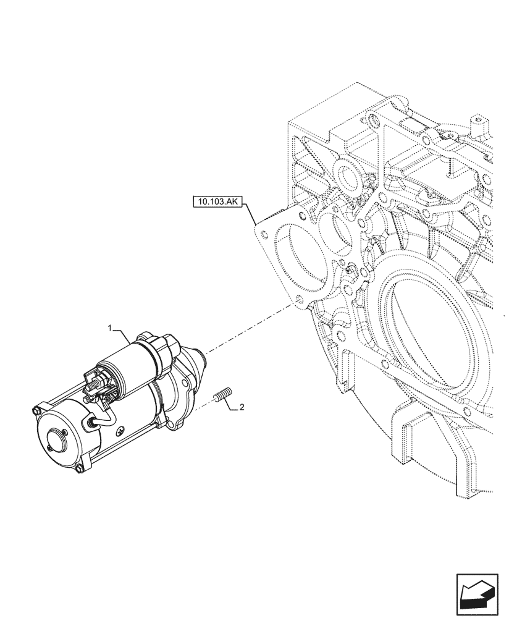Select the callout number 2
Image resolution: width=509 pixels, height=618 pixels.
pyautogui.click(x=242, y=408)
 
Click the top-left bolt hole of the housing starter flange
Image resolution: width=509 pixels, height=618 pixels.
pyautogui.click(x=264, y=234)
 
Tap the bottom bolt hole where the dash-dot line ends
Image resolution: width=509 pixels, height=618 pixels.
pyautogui.click(x=298, y=302)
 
